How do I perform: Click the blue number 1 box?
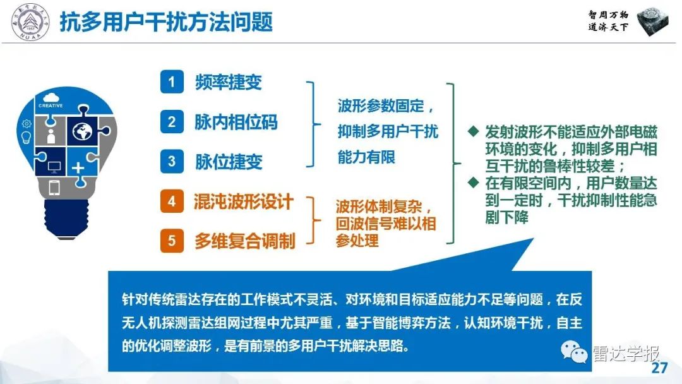click(171, 82)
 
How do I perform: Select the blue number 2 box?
click(171, 121)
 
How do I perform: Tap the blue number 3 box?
click(171, 161)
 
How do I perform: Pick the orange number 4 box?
click(171, 201)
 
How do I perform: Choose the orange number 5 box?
click(171, 241)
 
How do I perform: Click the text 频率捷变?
click(228, 82)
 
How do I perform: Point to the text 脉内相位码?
click(236, 121)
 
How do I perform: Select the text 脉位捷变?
click(228, 161)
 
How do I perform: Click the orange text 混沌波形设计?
click(244, 201)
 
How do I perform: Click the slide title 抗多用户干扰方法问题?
click(166, 23)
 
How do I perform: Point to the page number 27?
click(659, 369)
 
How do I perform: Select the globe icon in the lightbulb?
click(83, 131)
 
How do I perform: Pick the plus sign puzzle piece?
click(78, 167)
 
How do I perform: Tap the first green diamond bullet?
click(472, 132)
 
